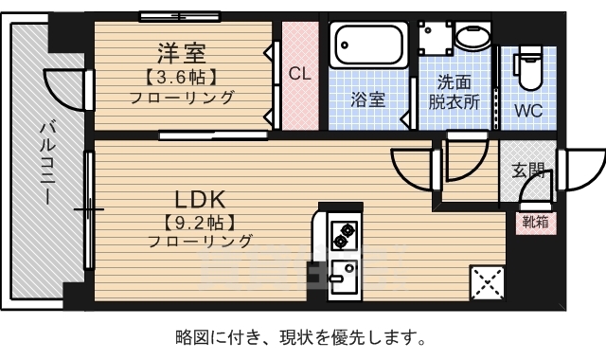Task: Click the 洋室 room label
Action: (x=181, y=52)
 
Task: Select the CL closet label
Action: (x=300, y=74)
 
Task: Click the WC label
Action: (x=527, y=110)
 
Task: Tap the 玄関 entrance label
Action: (x=528, y=171)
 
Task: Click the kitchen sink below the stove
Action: (x=343, y=274)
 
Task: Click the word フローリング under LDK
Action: (x=200, y=242)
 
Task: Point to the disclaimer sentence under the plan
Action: (x=301, y=336)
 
